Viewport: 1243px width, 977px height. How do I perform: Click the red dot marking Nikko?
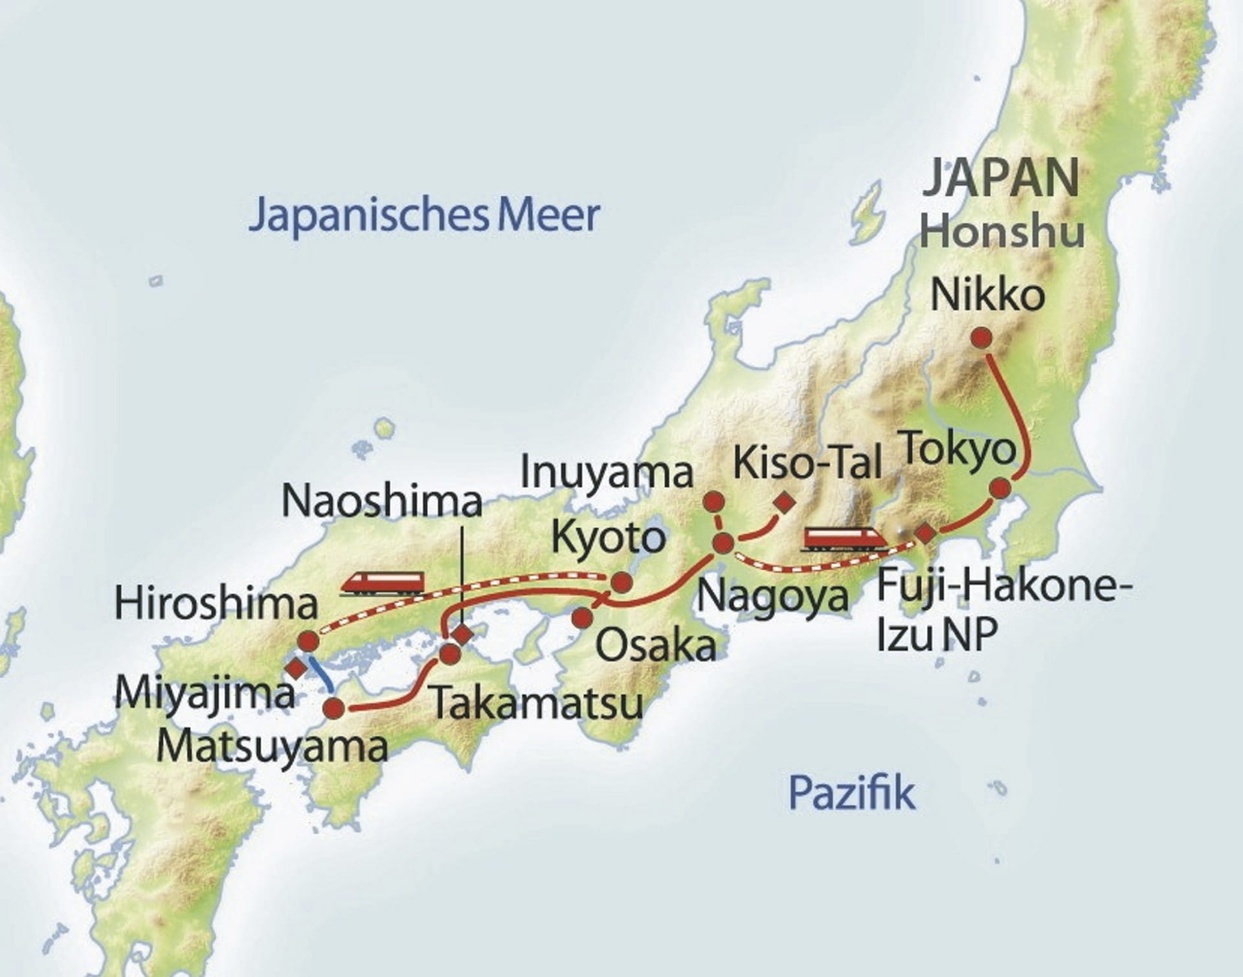982,338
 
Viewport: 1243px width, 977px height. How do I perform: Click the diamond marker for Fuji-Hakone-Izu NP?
925,533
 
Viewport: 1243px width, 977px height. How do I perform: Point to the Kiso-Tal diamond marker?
787,501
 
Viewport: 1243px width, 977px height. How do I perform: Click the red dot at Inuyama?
713,501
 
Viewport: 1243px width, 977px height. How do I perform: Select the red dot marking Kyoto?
621,582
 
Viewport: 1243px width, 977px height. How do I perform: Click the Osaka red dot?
583,618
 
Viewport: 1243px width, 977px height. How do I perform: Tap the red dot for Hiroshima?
308,641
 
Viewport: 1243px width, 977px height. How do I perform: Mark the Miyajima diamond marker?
296,667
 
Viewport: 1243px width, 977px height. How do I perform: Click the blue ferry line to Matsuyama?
322,673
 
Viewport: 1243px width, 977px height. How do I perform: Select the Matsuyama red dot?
335,708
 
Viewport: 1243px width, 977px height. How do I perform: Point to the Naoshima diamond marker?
462,634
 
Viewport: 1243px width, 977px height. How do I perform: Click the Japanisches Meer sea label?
425,215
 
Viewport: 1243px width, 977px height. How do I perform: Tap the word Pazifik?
851,793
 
